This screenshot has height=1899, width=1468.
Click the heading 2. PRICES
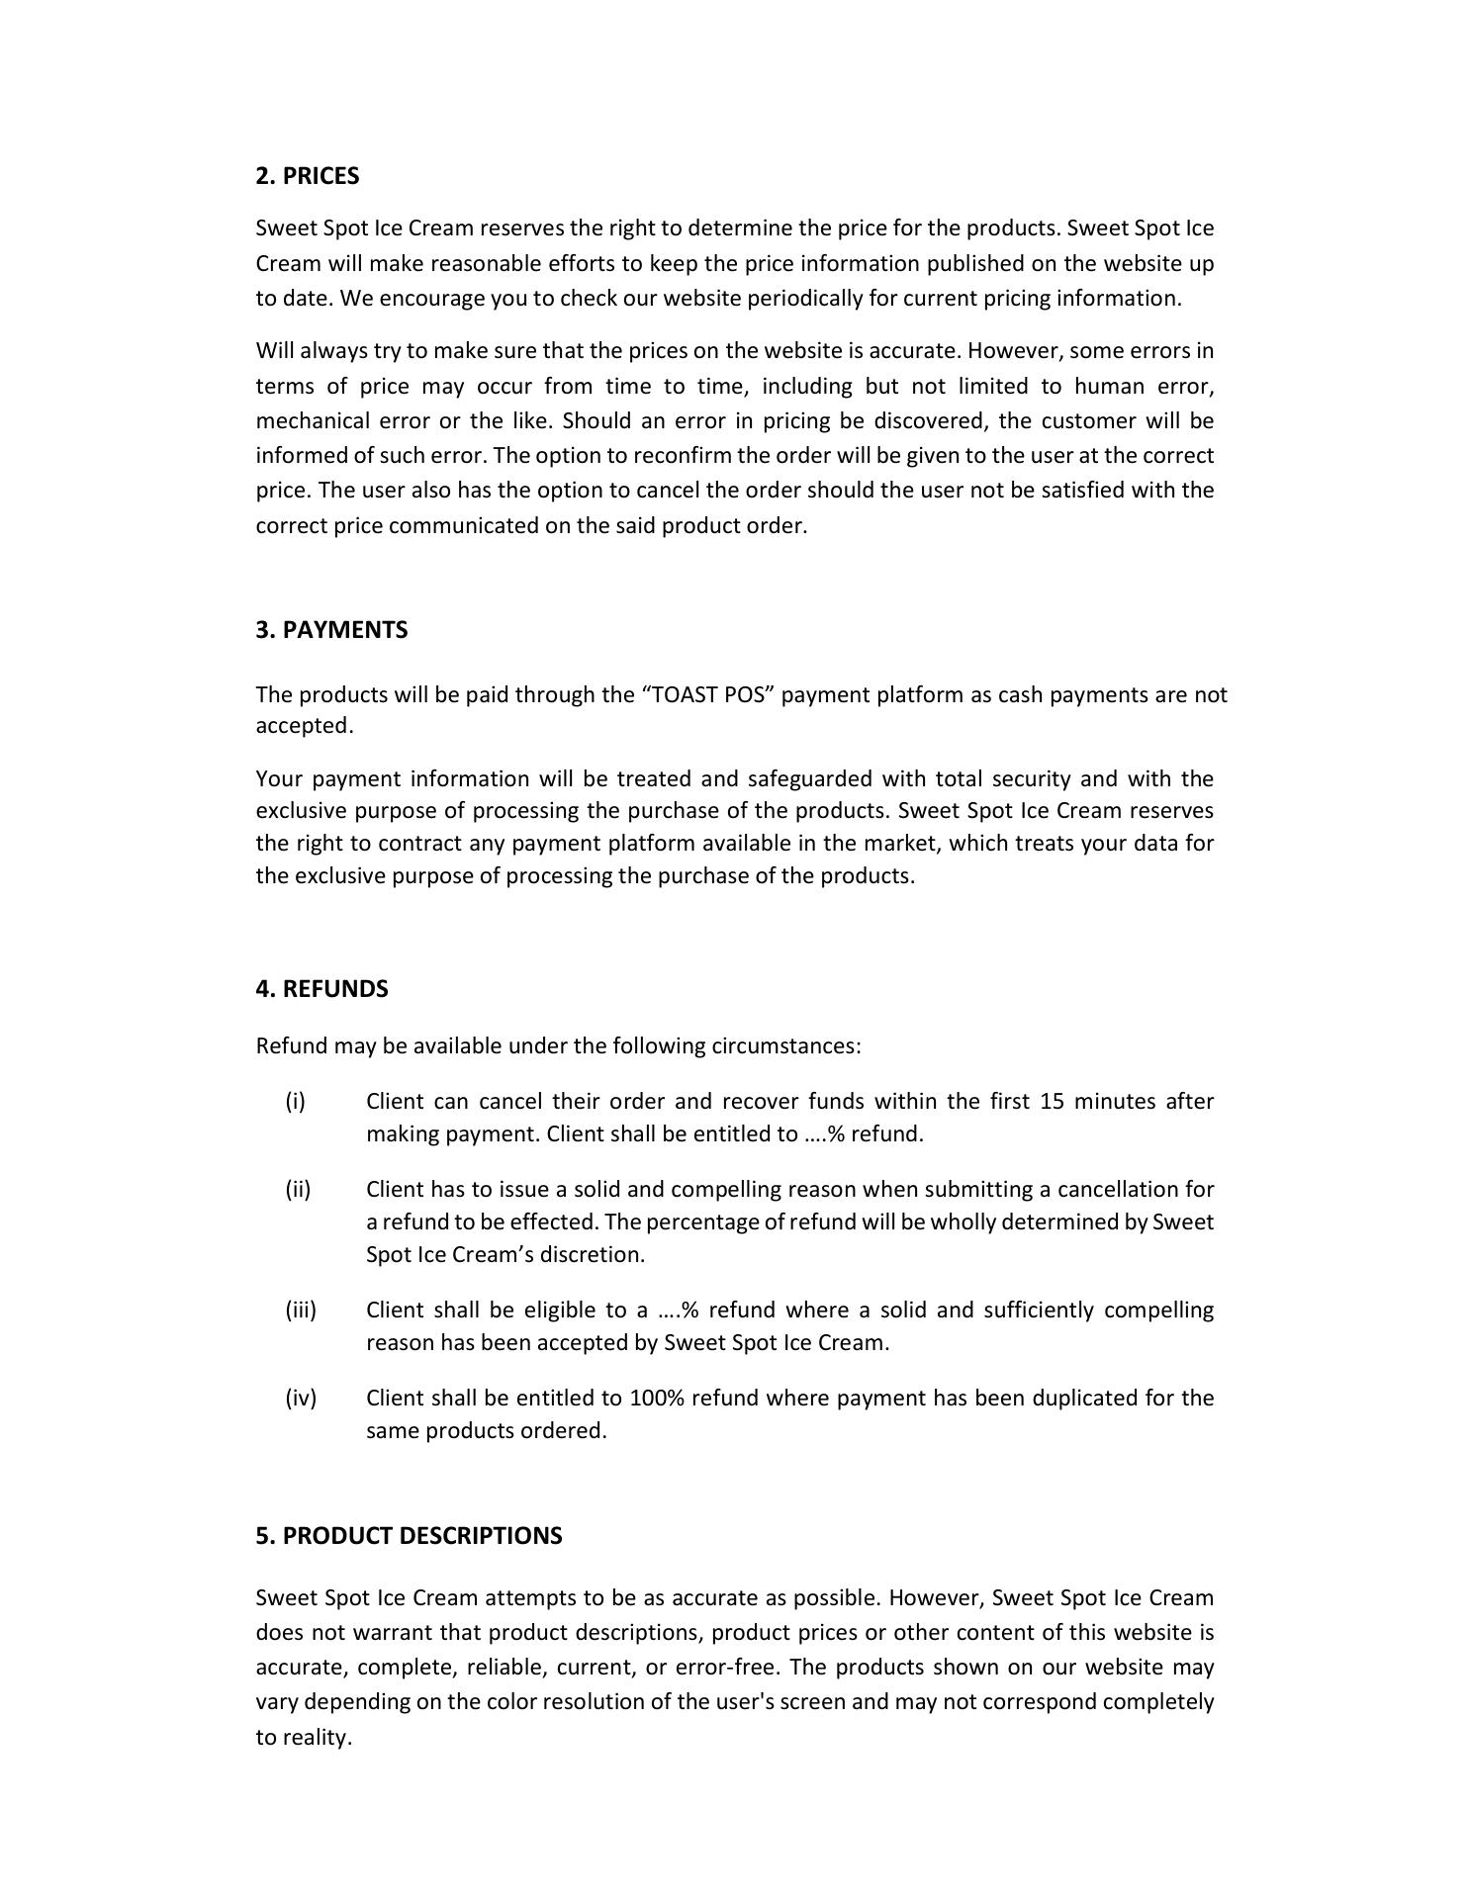pos(307,176)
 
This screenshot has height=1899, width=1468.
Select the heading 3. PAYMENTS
pos(331,630)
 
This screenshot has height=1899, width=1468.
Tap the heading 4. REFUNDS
pos(321,989)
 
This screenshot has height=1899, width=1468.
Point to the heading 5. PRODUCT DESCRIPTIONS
pos(409,1535)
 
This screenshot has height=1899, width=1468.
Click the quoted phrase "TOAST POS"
pos(710,694)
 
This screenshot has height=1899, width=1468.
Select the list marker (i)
pos(295,1101)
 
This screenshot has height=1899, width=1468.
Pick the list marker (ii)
pos(298,1189)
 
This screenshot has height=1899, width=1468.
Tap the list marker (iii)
pos(301,1310)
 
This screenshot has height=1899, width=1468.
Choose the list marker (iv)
pos(301,1398)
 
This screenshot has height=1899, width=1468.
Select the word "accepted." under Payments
pos(304,726)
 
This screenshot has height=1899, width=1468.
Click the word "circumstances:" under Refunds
pos(786,1045)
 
